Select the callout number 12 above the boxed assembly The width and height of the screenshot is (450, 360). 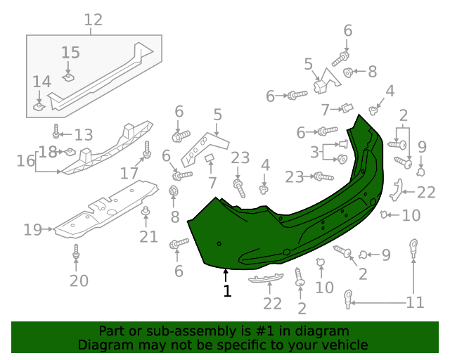93,20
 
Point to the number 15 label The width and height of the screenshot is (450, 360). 70,53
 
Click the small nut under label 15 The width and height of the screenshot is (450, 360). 69,76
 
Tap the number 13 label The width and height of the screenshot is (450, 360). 83,134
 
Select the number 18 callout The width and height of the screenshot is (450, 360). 48,152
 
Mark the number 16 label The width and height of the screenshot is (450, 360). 25,161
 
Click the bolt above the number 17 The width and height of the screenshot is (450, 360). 148,150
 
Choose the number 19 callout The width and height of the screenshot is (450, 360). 32,229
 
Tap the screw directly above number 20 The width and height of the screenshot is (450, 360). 76,255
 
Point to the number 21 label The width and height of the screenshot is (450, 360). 148,236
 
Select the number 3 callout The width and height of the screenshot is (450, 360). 315,152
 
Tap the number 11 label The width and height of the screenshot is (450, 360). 415,302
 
